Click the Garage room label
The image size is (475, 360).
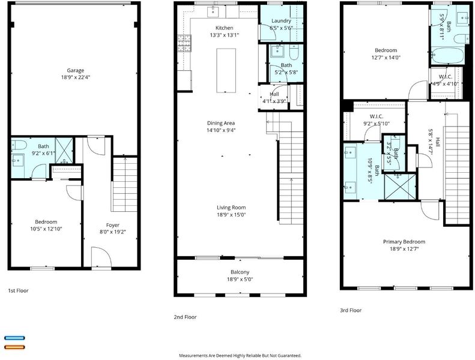pos(76,71)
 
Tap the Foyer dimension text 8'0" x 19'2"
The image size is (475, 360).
pos(113,232)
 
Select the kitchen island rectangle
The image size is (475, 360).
pos(226,70)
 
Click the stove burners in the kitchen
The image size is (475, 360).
pos(184,43)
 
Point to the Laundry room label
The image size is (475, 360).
pos(281,21)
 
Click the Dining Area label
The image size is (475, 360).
pos(221,123)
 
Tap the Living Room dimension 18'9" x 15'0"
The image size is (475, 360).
pos(231,215)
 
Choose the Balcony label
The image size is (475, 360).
pos(240,272)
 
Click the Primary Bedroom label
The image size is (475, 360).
pos(404,242)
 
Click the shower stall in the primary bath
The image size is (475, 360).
pos(400,187)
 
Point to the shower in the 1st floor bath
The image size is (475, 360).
pos(64,151)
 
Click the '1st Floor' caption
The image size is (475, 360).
pos(18,290)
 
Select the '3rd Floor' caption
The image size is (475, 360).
pos(351,310)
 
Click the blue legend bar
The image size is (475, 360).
pos(14,338)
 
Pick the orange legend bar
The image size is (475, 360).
pos(14,347)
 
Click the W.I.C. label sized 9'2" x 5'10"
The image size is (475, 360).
pos(377,116)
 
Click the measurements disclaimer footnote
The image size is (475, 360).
pos(240,355)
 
